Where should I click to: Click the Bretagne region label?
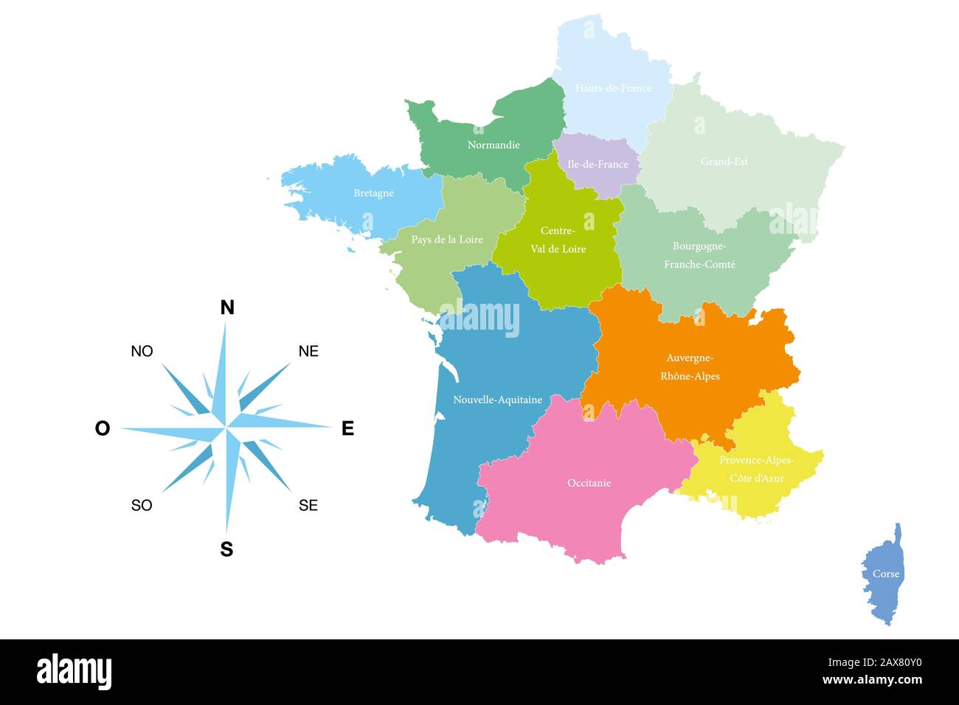coord(373,193)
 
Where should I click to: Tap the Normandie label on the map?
coord(494,145)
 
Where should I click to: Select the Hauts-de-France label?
coord(613,88)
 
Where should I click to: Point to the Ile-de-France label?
coord(598,164)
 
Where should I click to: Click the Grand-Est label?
coord(724,162)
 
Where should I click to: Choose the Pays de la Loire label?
coord(447,240)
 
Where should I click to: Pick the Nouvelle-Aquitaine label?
coord(497,400)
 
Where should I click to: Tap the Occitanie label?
coord(589,483)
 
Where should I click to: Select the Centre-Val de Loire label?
coord(558,240)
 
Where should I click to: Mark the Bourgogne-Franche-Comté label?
coord(699,255)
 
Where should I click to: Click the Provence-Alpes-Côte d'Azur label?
coord(756,469)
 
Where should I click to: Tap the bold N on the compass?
coord(227,308)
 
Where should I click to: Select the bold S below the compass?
coord(226,549)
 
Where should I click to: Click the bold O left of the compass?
coord(103,428)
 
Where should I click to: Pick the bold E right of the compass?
coord(347,428)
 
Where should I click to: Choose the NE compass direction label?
coord(308,352)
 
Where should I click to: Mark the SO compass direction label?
coord(142,505)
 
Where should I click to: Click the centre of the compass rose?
coord(226,428)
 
